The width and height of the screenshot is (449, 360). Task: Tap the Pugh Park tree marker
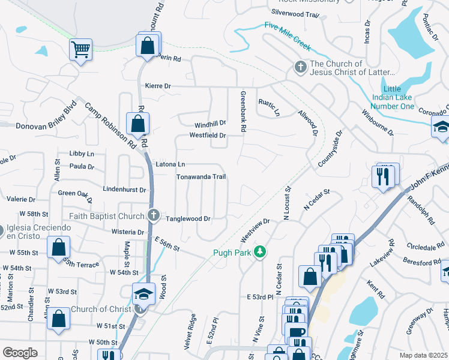click(x=260, y=252)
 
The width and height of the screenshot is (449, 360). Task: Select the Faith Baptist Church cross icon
click(x=153, y=215)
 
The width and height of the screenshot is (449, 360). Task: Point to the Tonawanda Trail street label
click(x=200, y=177)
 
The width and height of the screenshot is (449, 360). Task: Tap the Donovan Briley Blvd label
click(x=35, y=121)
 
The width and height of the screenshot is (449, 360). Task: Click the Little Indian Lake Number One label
click(x=393, y=97)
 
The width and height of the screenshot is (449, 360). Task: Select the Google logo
click(x=20, y=353)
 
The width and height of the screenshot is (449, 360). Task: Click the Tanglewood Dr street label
click(x=188, y=219)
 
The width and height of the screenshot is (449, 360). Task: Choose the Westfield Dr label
click(x=207, y=136)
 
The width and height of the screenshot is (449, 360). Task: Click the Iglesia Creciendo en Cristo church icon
click(x=1, y=229)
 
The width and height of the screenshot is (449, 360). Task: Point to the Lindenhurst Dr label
click(x=125, y=190)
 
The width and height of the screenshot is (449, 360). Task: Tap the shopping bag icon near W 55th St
click(x=58, y=247)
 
